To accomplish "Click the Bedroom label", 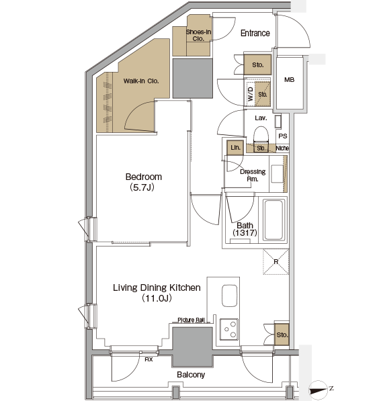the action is [x=144, y=177].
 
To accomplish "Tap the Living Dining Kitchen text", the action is [x=157, y=287].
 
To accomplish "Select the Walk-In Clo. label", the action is [x=141, y=81].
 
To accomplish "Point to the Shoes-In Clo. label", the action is [x=198, y=36].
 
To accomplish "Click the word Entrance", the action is [x=255, y=33].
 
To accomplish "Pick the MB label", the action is [x=289, y=80].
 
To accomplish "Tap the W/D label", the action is [x=250, y=94].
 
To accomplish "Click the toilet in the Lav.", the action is [x=261, y=136].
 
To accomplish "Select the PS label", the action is [x=283, y=136].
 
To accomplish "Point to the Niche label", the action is [x=282, y=148].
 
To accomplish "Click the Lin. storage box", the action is [x=235, y=148].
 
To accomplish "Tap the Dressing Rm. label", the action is [x=253, y=175].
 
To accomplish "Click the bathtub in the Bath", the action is [x=273, y=220].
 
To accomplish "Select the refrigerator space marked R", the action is [x=276, y=262].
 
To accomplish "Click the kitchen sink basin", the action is [x=229, y=296].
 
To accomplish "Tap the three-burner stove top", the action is [x=229, y=329].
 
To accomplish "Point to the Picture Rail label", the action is [x=191, y=320].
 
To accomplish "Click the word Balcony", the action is [x=191, y=375].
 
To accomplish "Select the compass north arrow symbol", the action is [x=319, y=390].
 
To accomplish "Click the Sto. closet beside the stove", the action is [x=282, y=335].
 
